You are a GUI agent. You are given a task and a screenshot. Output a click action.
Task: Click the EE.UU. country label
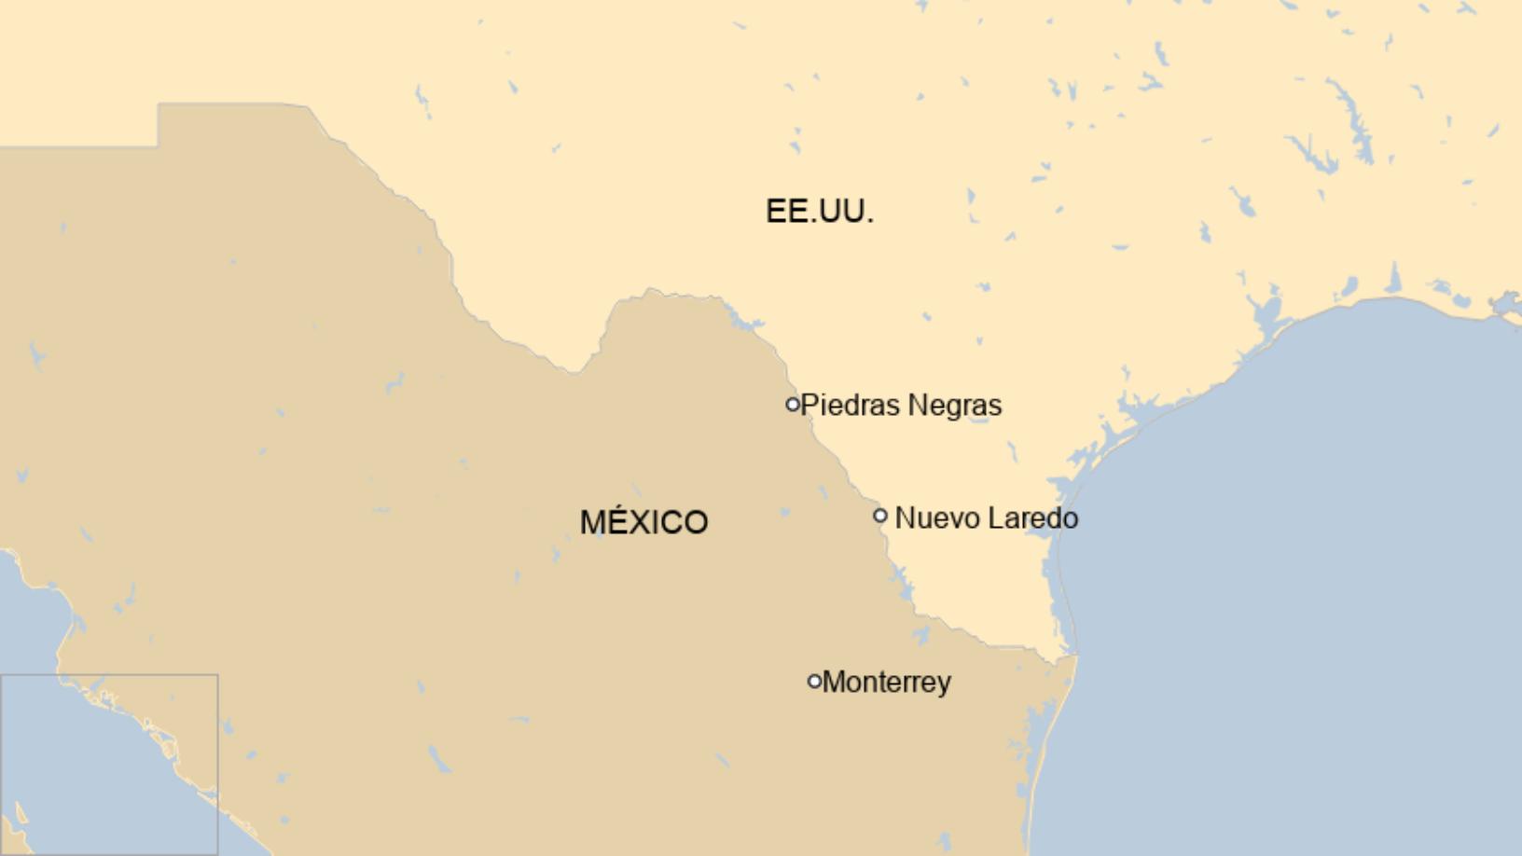point(819,211)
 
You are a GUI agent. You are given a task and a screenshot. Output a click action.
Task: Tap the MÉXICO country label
point(643,522)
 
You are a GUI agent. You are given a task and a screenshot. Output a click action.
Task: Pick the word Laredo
point(1032,518)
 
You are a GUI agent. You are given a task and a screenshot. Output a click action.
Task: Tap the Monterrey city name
point(887,683)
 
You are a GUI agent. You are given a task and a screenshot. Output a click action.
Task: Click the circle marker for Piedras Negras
point(793,405)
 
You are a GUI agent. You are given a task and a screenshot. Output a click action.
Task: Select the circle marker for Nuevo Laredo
point(879,516)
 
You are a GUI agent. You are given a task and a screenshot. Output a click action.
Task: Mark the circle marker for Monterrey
point(814,682)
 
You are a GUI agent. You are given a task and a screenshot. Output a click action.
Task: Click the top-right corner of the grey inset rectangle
point(217,675)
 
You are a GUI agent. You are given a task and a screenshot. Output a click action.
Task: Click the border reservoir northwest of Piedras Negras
point(746,324)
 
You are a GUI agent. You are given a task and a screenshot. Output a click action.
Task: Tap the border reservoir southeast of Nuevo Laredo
point(903,582)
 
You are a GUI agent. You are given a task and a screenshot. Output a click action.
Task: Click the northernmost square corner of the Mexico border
point(159,104)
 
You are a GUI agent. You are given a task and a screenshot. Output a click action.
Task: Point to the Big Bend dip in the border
point(574,371)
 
